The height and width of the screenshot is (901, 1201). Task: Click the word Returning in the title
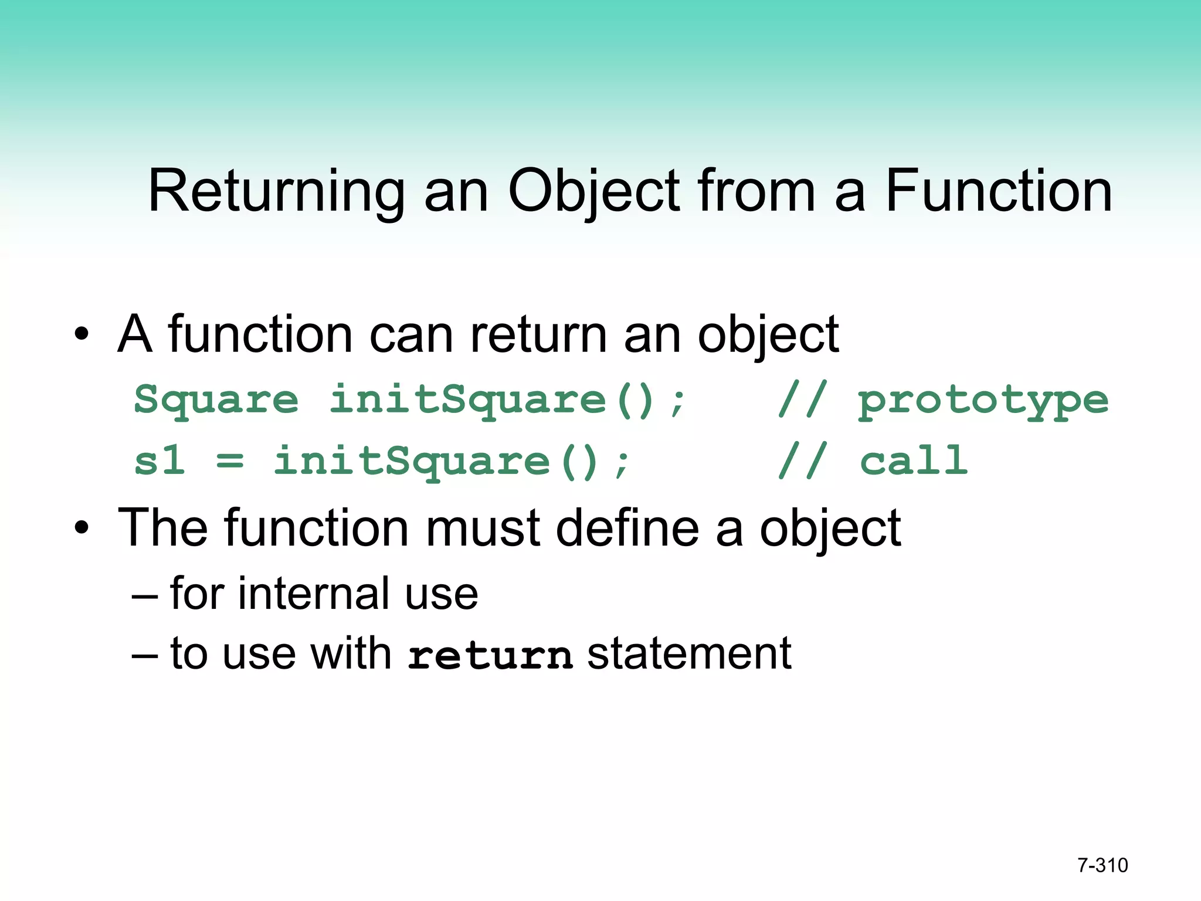(x=276, y=191)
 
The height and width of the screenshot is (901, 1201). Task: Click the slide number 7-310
(x=1102, y=865)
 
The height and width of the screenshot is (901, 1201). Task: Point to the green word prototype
(x=983, y=401)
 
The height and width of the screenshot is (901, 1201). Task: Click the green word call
(x=913, y=461)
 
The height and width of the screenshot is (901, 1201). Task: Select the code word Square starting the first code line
(x=216, y=401)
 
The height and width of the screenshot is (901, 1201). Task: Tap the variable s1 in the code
(x=159, y=461)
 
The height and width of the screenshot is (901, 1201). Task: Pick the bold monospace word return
(x=490, y=655)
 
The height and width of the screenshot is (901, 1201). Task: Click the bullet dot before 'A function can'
(x=82, y=334)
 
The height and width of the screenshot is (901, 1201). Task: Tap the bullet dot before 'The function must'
(x=82, y=528)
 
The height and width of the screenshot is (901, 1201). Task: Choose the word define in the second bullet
(x=627, y=528)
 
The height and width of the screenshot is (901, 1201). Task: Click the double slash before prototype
(x=802, y=399)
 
